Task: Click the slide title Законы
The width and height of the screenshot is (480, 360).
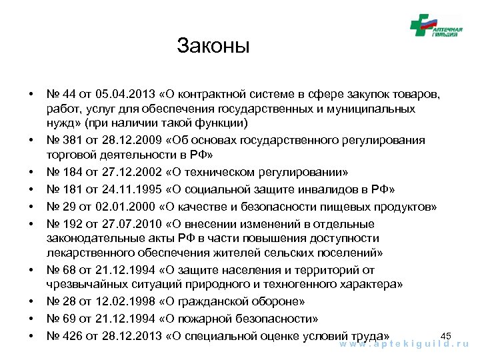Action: click(x=213, y=47)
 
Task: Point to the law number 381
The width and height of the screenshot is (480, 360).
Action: click(x=73, y=140)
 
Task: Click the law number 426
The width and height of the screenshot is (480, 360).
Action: click(x=73, y=335)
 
